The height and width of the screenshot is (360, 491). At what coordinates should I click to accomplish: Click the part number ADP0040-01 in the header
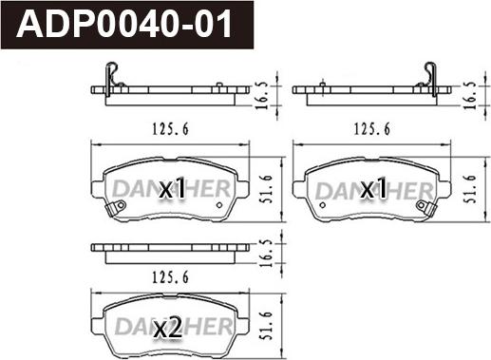coord(124,24)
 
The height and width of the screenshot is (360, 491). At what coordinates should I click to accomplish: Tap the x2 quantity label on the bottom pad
coord(168,327)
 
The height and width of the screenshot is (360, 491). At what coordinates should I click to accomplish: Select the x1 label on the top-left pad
coord(172,188)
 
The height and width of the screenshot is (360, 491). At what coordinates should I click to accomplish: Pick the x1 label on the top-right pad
coord(373,188)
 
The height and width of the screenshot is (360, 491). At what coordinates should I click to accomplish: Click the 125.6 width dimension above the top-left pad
coord(170,129)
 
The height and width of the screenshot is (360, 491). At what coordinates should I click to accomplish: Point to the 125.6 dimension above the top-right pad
coord(371,129)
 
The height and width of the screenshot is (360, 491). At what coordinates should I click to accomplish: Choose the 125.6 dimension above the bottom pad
coord(170,277)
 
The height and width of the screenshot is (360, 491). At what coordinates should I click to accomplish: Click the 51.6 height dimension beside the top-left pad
coord(267,189)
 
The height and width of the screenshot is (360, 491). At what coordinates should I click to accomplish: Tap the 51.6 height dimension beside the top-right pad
coord(470,189)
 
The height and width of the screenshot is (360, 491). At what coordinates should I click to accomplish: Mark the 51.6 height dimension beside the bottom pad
coord(267,326)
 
